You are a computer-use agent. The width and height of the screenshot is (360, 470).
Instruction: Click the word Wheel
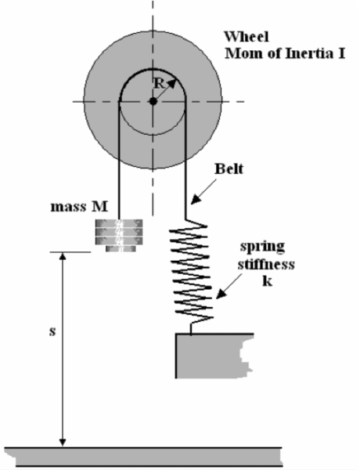pos(247,37)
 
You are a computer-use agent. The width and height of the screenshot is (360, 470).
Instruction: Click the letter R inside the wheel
pos(159,84)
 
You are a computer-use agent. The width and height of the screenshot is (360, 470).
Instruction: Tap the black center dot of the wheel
pos(153,101)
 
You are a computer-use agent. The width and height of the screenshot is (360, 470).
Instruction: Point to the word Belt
pos(229,168)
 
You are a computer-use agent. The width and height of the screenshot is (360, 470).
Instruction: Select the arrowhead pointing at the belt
pos(196,199)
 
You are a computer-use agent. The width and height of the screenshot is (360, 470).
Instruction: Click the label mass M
pos(79,207)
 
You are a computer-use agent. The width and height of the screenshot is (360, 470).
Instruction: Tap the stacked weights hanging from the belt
pos(119,236)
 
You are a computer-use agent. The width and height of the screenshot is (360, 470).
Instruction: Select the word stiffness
pos(266,265)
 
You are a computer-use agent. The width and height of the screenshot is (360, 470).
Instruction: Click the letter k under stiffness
pos(267,281)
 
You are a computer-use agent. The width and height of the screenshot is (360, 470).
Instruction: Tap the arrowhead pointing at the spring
pos(221,294)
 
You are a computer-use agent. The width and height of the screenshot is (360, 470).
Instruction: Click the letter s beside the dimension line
pos(52,331)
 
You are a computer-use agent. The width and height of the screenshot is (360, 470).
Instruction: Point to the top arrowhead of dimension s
pos(63,256)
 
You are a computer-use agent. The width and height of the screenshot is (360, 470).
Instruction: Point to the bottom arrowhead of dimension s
pos(63,443)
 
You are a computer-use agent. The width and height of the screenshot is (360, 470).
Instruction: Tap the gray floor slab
pos(144,457)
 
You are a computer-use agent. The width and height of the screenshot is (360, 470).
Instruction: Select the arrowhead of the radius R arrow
pos(172,83)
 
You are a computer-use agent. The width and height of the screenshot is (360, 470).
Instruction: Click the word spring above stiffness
pos(262,248)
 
